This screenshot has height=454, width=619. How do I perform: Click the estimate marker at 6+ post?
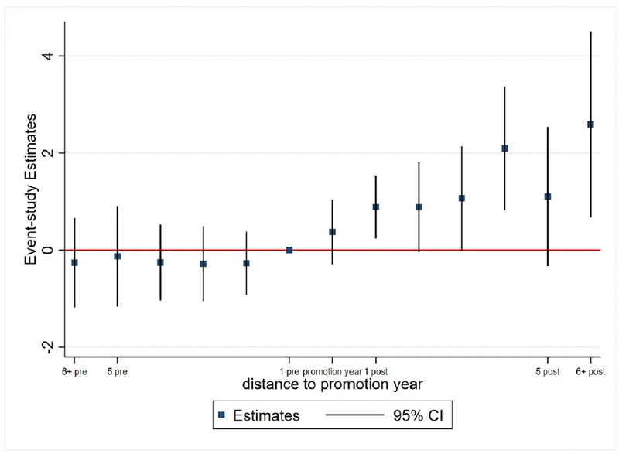coord(590,125)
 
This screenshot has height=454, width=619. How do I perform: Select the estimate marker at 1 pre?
coord(289,250)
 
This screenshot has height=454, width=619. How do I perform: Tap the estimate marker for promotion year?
coord(333,232)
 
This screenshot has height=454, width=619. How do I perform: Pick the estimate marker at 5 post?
coord(548,196)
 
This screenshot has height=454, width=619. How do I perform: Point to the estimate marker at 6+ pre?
coord(74,263)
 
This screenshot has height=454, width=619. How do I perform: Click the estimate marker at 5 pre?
coord(118,256)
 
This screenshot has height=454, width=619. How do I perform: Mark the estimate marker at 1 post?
coord(376,207)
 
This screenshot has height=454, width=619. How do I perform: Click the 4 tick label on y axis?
coord(50,56)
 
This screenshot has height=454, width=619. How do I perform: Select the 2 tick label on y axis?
coord(50,153)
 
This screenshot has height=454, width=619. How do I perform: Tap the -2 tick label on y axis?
coord(48,347)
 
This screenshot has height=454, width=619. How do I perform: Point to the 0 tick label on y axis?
coord(50,250)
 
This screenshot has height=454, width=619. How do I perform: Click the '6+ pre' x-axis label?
coord(74,370)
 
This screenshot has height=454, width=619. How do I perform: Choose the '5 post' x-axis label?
coord(548,370)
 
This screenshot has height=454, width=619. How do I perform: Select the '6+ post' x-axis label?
coord(590,370)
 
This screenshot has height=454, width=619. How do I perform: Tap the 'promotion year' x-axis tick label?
coord(333,370)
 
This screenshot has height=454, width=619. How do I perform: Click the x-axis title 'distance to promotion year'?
coord(332,384)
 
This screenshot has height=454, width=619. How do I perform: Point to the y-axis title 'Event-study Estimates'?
coord(31,190)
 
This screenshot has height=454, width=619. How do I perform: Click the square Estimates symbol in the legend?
coord(221,415)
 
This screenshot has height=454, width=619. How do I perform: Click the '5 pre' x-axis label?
coord(118,370)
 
